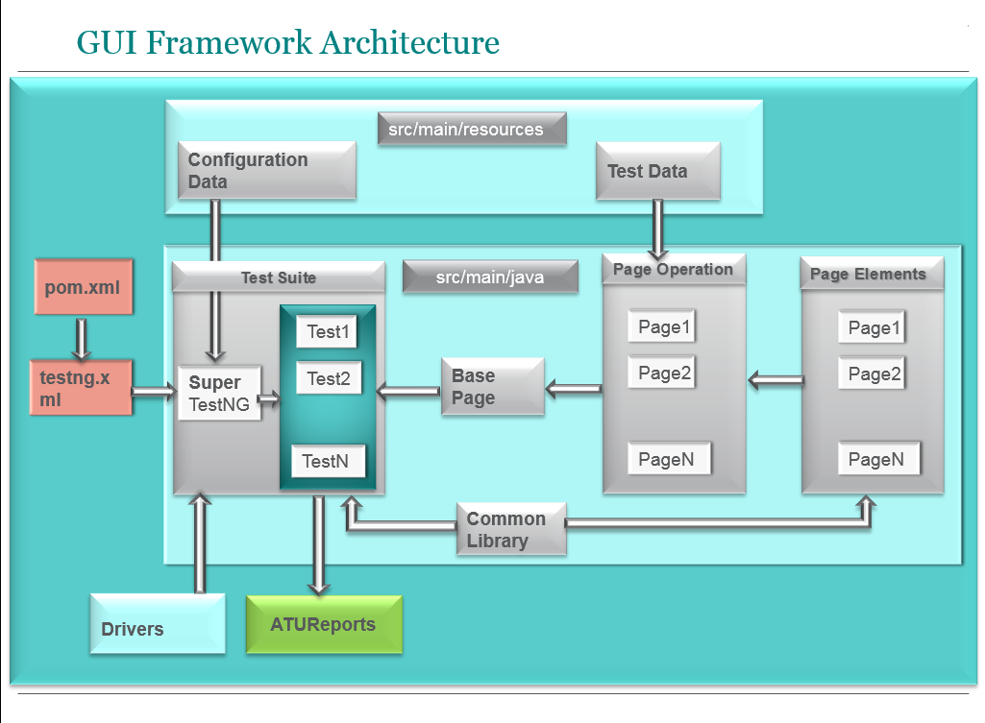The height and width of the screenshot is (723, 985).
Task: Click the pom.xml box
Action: point(83,286)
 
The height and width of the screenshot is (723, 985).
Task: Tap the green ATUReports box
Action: point(324,624)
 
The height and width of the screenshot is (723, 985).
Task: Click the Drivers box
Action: point(158,624)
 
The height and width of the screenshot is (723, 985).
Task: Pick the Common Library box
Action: point(511,529)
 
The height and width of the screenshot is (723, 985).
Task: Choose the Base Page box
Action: point(492,387)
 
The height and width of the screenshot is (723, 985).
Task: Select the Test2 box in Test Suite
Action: point(328,378)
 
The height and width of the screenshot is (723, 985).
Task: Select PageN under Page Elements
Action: point(876,459)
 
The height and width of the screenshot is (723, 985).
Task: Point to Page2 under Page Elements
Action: point(874,373)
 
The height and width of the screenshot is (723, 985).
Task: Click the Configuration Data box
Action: point(266,171)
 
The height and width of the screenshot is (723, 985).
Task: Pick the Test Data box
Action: point(657,171)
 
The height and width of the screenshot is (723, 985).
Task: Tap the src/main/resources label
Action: point(471,129)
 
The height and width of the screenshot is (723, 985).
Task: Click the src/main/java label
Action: point(490,277)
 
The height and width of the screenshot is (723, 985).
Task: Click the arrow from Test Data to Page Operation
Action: point(658,229)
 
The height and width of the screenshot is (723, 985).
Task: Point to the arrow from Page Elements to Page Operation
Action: point(776,381)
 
